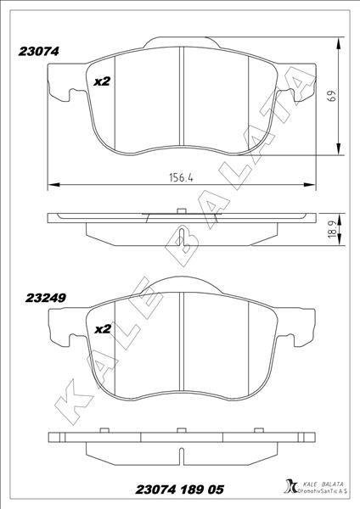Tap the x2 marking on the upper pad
point(102,81)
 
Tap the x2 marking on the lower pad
point(102,328)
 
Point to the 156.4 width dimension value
point(180,178)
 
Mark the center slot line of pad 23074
point(183,96)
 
